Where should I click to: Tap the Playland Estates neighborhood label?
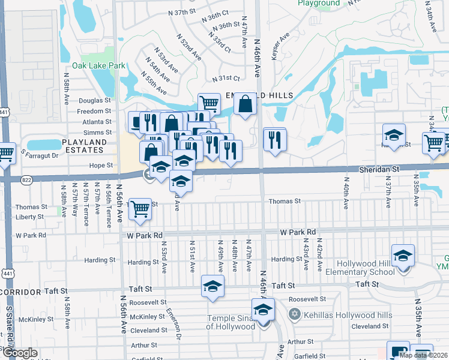(85, 147)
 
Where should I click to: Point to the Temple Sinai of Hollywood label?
(231, 322)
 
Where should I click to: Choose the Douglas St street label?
(95, 101)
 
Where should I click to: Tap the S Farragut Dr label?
(40, 155)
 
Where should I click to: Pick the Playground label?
(319, 3)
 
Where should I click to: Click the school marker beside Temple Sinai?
(263, 310)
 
